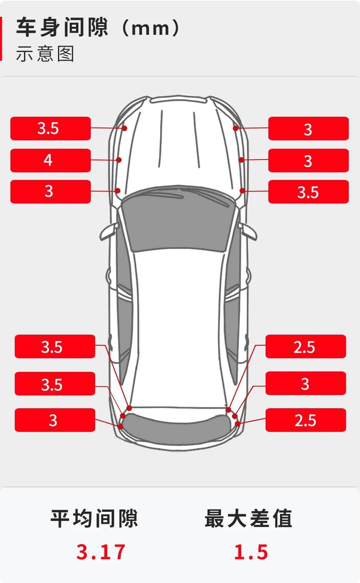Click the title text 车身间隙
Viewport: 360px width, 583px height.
(62, 27)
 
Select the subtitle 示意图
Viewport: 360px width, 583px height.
(45, 54)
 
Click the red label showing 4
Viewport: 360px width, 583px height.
(50, 160)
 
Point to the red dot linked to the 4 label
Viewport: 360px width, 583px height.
(119, 160)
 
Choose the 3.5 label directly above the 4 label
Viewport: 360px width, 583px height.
(50, 128)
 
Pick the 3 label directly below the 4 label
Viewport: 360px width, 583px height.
(50, 192)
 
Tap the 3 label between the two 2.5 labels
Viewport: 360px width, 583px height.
(306, 383)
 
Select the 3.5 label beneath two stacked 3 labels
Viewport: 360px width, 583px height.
(308, 192)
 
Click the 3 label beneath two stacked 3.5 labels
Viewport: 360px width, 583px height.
(55, 420)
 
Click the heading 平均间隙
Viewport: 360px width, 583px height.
(94, 518)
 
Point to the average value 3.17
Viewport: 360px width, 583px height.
(101, 551)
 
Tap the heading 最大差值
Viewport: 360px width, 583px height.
(248, 518)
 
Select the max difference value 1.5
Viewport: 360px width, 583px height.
(251, 551)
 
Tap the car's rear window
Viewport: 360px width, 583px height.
(177, 426)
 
